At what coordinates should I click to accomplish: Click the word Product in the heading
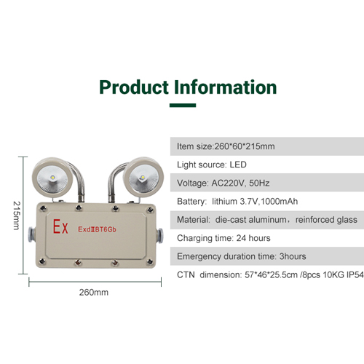[134, 87]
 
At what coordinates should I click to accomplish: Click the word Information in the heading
[226, 87]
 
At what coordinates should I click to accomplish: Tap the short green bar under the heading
[183, 106]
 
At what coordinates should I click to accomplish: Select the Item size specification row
[267, 146]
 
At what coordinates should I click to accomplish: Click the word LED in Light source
[238, 165]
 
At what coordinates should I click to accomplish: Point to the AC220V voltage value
[228, 183]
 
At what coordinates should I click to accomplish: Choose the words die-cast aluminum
[250, 220]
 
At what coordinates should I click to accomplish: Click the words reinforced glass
[326, 220]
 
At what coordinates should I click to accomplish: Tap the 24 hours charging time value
[253, 238]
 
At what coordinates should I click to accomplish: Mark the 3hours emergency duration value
[293, 256]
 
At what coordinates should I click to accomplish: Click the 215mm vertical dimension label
[17, 215]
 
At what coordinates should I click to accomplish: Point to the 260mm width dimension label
[94, 293]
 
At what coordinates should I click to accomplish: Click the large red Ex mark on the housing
[60, 226]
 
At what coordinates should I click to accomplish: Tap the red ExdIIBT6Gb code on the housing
[97, 229]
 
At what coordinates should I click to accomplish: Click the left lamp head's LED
[52, 177]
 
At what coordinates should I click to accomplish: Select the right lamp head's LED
[142, 178]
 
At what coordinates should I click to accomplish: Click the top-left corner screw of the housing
[43, 208]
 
